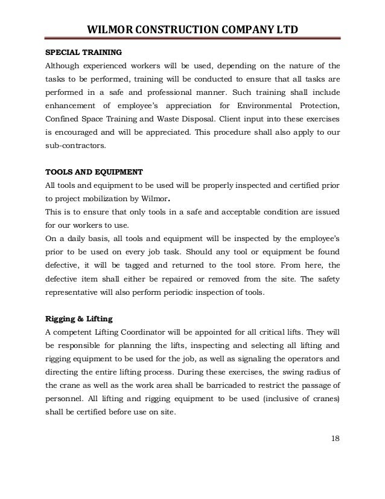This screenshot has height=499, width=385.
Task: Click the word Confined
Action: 63,121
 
